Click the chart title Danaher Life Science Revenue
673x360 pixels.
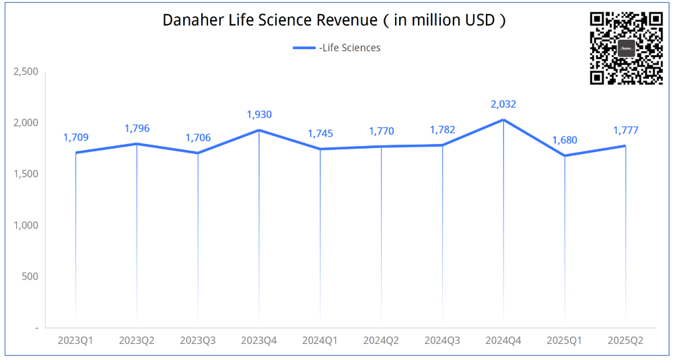click(334, 20)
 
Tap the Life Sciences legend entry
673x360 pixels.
click(336, 48)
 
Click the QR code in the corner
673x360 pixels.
click(626, 48)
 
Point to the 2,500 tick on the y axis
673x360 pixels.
click(26, 72)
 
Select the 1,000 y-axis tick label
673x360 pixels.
click(26, 225)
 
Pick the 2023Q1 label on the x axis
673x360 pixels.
click(75, 341)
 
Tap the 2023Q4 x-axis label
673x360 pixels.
click(259, 341)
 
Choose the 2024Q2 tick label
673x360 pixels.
click(381, 341)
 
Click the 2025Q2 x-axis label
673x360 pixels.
click(625, 341)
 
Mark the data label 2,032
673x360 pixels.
click(503, 104)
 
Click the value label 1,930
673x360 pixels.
click(259, 115)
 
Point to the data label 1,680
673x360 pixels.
click(564, 141)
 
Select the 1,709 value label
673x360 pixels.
click(76, 137)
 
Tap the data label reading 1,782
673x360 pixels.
click(442, 130)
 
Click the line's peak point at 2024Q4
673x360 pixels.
click(503, 120)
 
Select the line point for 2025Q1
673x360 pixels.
click(564, 155)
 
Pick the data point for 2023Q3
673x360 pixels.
click(198, 153)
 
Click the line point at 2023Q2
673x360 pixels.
click(137, 144)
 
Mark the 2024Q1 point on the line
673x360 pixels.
click(320, 149)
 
